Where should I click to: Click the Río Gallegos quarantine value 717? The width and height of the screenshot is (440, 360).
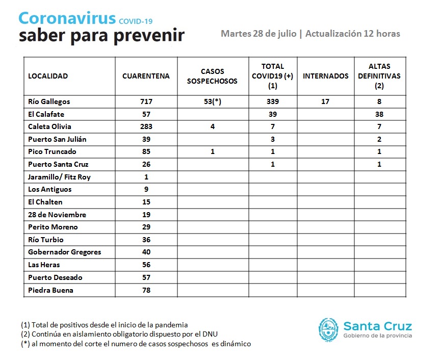coord(146,101)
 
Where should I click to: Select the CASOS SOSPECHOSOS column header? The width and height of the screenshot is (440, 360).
coord(212,76)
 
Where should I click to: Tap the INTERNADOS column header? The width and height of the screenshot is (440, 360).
coord(325,76)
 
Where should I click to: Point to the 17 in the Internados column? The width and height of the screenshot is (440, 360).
coord(325,101)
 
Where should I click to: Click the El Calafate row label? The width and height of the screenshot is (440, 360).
coord(46,114)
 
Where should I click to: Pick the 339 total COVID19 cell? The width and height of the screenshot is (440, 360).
coord(273,101)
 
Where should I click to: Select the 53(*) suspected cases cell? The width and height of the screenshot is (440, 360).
coord(213,101)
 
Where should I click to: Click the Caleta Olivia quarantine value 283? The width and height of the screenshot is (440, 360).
coord(146,126)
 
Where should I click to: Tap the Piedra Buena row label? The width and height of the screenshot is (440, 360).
coord(50,290)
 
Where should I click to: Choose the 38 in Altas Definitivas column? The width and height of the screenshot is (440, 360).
coord(379,114)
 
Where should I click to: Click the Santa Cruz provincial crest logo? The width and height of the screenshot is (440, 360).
coord(328,330)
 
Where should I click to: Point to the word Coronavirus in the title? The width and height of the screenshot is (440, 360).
coord(67,18)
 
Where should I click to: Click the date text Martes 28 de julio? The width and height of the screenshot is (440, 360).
coord(258,34)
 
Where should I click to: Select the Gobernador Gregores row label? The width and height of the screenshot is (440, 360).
coord(65,252)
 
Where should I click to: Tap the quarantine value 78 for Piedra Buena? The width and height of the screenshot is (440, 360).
coord(146,290)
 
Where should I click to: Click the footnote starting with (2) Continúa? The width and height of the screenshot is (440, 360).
coord(119,334)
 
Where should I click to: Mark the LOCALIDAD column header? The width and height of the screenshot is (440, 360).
coord(48,76)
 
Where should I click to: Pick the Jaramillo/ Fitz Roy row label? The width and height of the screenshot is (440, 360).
coord(59,177)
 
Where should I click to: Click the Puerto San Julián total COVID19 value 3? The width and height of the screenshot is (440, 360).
coord(273,139)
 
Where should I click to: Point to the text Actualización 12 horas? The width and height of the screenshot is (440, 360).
coord(353,34)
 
